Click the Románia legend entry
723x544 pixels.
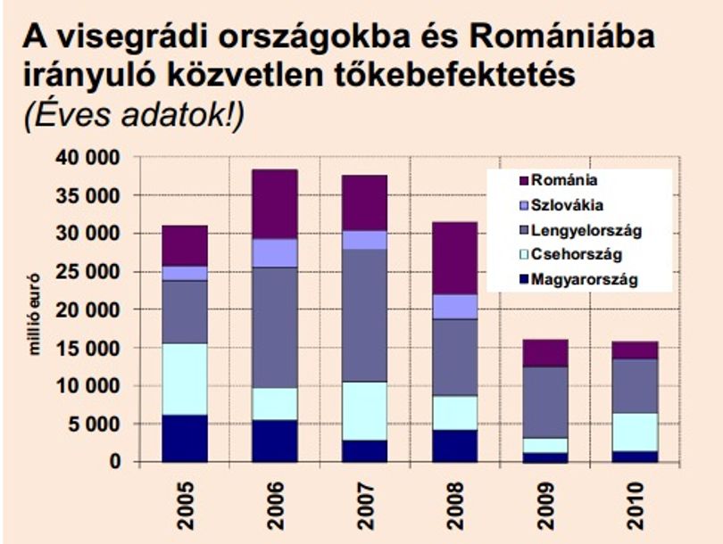coord(558,179)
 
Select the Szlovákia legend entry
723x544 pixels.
coord(561,204)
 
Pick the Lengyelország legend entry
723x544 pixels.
coord(580,230)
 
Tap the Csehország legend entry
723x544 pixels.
coord(571,254)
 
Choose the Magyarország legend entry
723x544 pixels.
coord(578,280)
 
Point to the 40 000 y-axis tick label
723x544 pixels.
coord(87,158)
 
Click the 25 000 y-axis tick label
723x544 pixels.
coord(87,272)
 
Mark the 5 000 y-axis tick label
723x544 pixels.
coord(94,424)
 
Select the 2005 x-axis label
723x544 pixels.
coord(186,506)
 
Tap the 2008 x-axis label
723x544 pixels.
coord(455,506)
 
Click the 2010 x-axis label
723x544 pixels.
coord(636,506)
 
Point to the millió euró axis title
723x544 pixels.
coord(35,314)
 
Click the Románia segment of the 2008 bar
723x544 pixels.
coord(454,259)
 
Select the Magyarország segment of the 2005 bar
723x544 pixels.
coord(185,438)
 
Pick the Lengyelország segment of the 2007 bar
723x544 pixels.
coord(364,316)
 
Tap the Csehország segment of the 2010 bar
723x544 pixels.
coord(635,432)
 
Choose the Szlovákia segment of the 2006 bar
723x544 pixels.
coord(274,253)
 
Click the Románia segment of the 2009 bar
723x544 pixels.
coord(545,353)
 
